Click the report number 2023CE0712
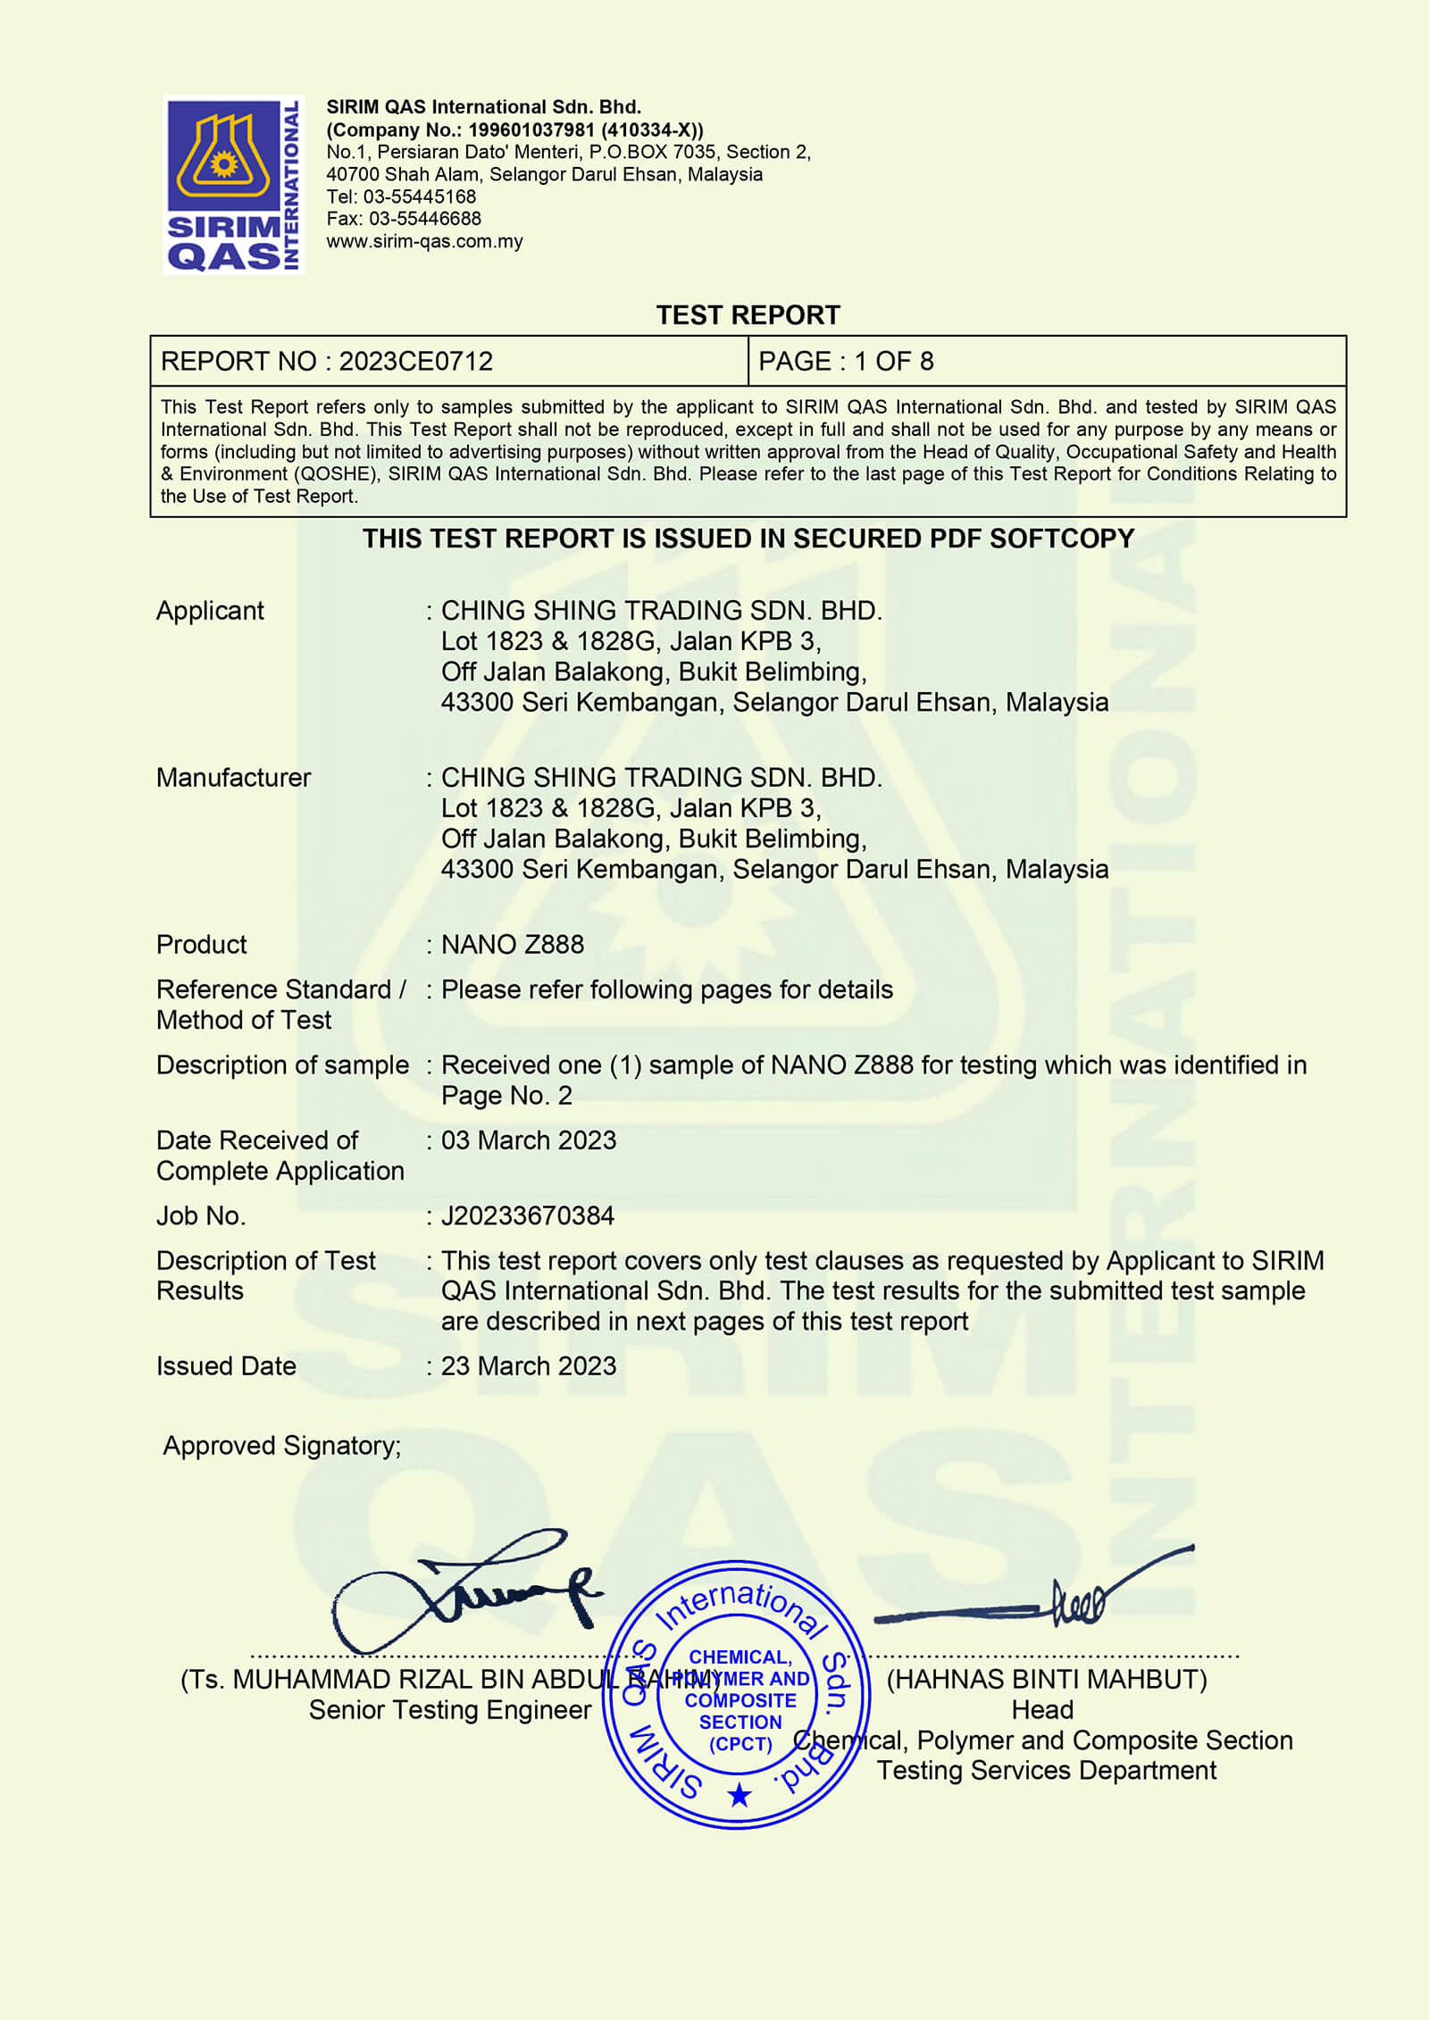point(415,362)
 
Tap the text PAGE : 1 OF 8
point(845,362)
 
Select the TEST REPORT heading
point(748,315)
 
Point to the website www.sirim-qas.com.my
point(424,241)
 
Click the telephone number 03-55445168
point(419,196)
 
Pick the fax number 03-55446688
point(424,219)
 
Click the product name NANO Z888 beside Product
point(512,945)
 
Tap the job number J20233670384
point(527,1216)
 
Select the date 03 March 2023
point(528,1140)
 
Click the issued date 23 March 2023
point(528,1366)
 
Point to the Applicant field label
point(210,611)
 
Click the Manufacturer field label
point(233,778)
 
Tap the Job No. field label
point(201,1216)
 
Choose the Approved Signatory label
point(281,1446)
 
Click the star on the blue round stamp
point(739,1795)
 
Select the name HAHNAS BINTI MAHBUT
point(1046,1680)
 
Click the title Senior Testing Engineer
point(449,1710)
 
